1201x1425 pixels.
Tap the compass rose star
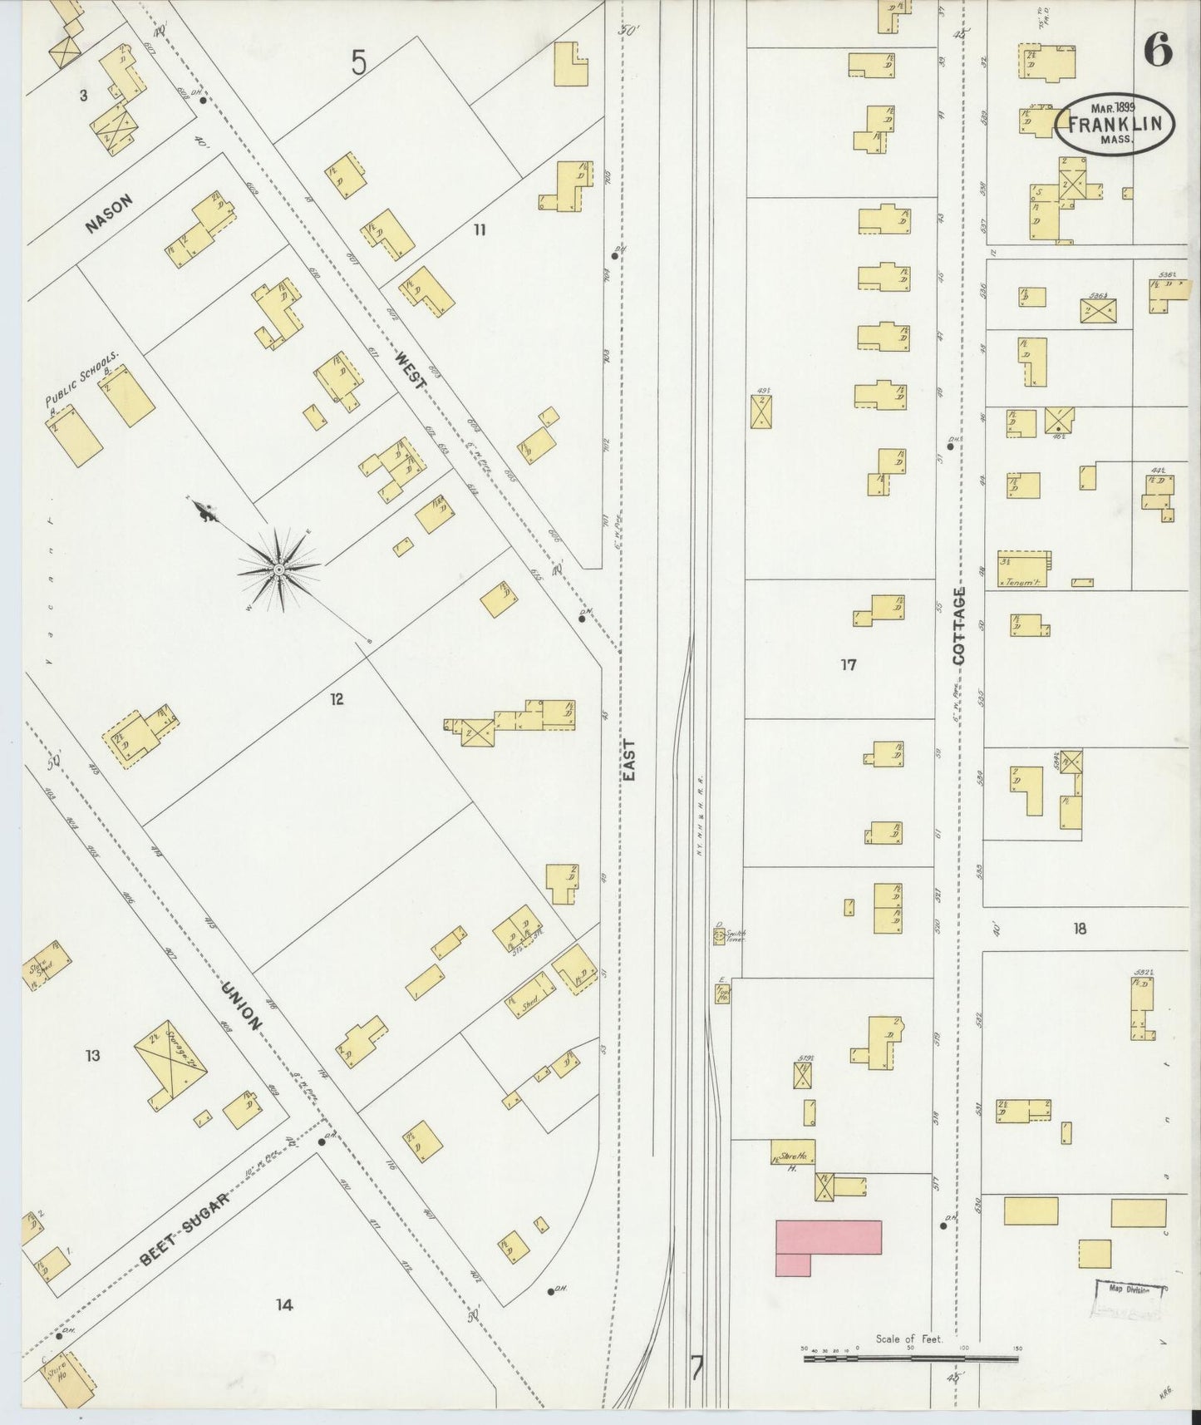[x=279, y=570]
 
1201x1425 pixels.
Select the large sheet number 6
[x=1157, y=52]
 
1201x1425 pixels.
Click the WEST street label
[x=410, y=372]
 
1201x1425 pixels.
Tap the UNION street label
[x=242, y=1005]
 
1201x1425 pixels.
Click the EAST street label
[x=629, y=758]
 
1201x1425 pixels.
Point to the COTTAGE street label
[x=960, y=625]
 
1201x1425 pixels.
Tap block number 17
[x=848, y=664]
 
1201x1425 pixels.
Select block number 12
[x=336, y=699]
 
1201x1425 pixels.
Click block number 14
[x=284, y=1304]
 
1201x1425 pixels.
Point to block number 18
[x=1079, y=929]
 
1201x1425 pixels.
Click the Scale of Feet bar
[x=910, y=1358]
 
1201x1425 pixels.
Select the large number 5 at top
[x=358, y=62]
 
